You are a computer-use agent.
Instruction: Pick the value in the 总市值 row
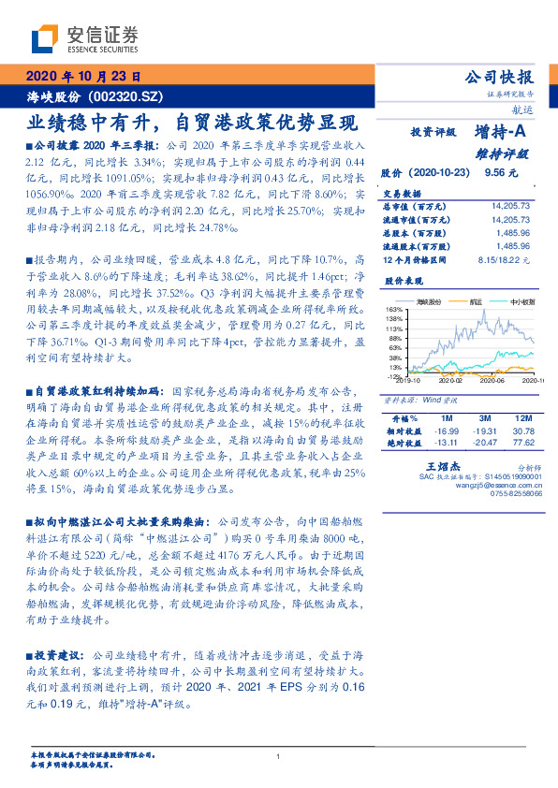click(x=510, y=204)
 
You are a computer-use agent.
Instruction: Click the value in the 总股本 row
click(x=514, y=230)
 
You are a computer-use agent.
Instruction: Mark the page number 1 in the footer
click(x=279, y=757)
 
